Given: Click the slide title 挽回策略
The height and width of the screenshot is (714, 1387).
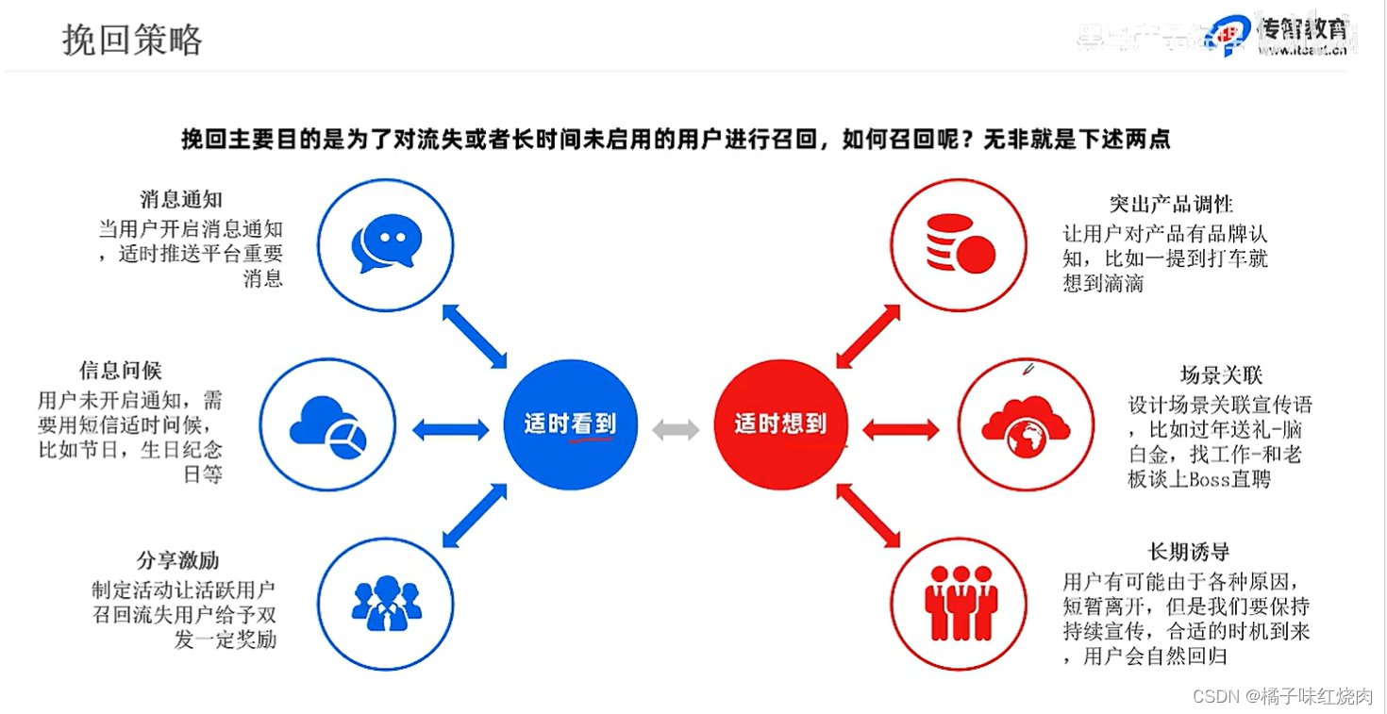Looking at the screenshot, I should click(x=132, y=40).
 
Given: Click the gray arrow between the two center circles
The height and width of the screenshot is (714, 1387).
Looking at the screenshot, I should click(x=676, y=430).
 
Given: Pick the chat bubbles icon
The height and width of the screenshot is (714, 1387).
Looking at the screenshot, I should click(x=385, y=242).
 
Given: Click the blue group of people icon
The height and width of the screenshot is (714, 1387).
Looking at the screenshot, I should click(x=385, y=603).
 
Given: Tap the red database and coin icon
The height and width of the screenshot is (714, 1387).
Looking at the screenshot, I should click(x=960, y=242).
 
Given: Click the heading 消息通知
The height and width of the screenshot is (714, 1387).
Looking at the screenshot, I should click(x=181, y=200).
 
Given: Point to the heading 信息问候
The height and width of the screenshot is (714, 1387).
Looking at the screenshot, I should click(x=121, y=371).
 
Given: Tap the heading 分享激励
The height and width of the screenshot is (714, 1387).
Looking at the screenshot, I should click(x=177, y=560).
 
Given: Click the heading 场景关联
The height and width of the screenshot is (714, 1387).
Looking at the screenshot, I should click(x=1221, y=375).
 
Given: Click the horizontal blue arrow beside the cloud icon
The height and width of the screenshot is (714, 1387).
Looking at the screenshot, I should click(x=451, y=430).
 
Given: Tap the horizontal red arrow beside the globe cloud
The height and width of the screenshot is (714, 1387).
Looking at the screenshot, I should click(x=901, y=430).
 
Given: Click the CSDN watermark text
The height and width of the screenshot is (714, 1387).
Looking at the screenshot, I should click(x=1282, y=696).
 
